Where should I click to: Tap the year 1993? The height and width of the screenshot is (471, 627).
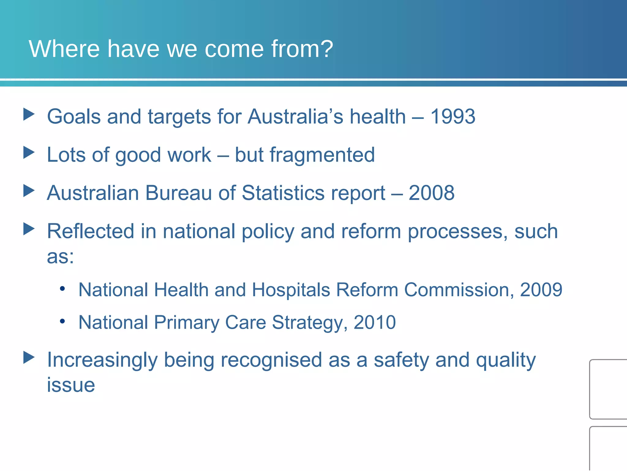click(x=453, y=117)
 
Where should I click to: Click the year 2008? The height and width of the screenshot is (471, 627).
click(x=431, y=193)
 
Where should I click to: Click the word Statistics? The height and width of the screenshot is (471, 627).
click(x=283, y=193)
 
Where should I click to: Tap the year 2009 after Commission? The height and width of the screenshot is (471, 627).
click(x=541, y=290)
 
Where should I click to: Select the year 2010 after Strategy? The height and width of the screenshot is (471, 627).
click(x=374, y=323)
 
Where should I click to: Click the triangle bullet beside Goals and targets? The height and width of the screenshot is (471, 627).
click(x=29, y=114)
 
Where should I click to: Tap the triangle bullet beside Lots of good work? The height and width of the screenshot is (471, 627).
click(x=29, y=152)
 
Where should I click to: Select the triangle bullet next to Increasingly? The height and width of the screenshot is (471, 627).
click(x=29, y=358)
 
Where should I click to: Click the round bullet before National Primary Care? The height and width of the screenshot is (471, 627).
click(x=62, y=321)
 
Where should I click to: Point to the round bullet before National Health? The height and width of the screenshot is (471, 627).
click(x=62, y=289)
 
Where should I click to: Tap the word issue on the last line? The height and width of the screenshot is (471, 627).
click(x=71, y=385)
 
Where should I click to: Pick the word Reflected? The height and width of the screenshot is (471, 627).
click(x=90, y=231)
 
